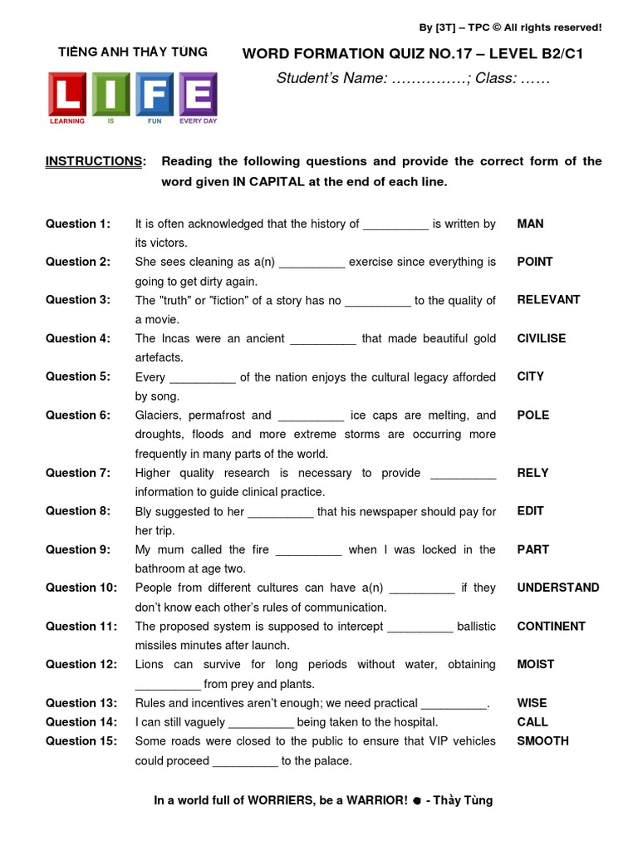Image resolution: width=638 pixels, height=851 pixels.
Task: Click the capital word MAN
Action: [x=530, y=224]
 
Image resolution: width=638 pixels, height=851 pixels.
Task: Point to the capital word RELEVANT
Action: [x=548, y=300]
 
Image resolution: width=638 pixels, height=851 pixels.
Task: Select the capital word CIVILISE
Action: [x=542, y=338]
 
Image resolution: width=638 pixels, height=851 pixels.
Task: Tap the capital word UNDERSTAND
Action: [x=557, y=588]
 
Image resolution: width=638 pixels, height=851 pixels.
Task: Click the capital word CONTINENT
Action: [x=551, y=626]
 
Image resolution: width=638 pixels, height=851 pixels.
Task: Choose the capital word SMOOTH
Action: [x=542, y=740]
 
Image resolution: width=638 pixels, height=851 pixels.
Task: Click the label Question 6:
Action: [x=77, y=415]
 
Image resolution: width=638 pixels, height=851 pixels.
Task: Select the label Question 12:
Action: [x=81, y=664]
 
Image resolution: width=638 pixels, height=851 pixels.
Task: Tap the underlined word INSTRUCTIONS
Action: [x=94, y=160]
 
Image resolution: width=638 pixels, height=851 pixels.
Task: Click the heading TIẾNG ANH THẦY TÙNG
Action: [x=133, y=52]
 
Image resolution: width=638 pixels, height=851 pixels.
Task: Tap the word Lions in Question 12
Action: [x=150, y=664]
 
